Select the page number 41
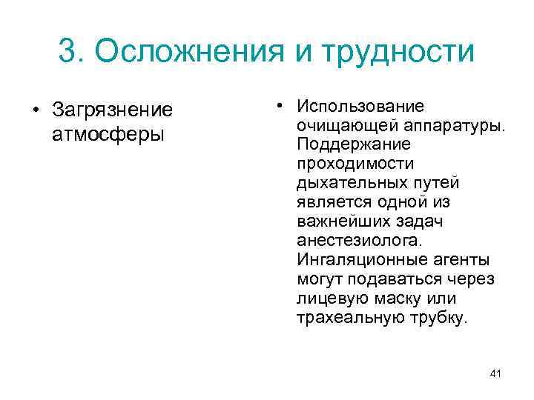496,373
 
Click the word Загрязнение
112,111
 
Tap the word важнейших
340,221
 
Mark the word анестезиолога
359,241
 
